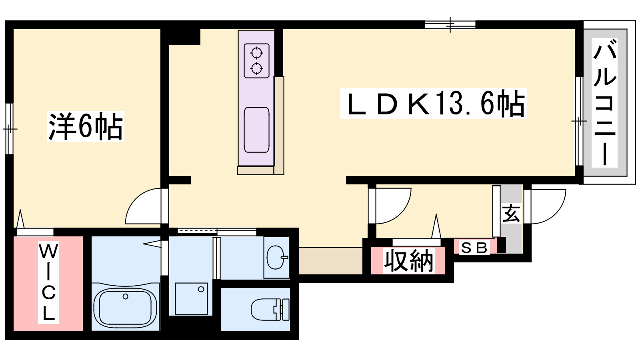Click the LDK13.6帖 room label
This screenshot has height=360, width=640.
434,104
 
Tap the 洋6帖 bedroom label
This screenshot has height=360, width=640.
86,126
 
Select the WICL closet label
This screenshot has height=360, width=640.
48,282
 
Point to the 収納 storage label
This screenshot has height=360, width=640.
408,261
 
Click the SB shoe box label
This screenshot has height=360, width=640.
474,248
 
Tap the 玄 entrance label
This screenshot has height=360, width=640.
511,213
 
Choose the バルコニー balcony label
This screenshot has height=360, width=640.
604,102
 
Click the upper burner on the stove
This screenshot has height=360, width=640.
256,53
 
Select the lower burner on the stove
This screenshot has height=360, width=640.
256,68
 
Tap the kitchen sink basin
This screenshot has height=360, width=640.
256,130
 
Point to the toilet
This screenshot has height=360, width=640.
270,310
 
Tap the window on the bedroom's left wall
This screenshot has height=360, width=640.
10,129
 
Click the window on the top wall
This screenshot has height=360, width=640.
450,25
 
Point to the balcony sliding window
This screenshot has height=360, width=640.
579,122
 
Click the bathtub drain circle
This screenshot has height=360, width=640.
126,296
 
